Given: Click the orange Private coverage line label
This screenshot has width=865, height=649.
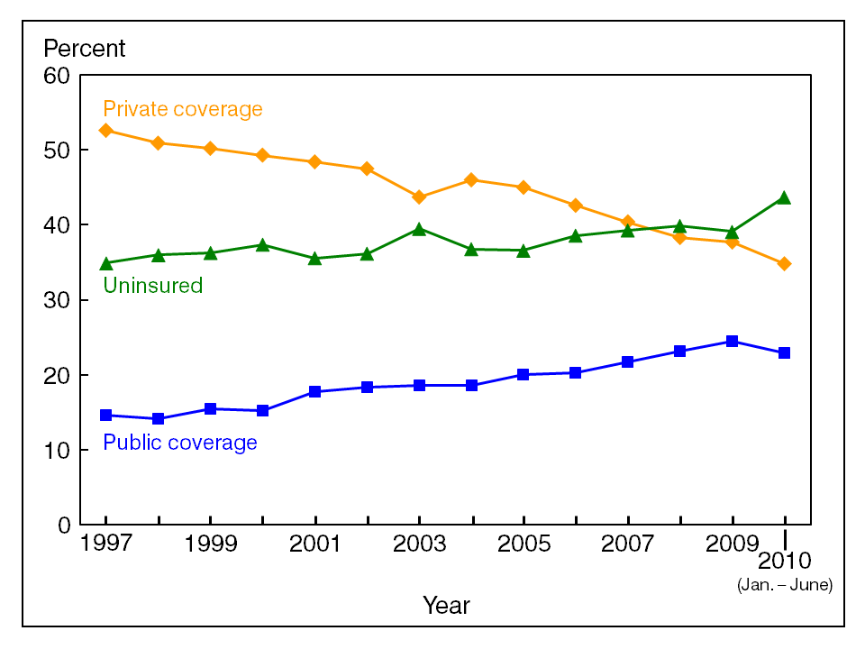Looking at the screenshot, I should (x=183, y=109).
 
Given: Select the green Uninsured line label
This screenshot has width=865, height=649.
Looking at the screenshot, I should (x=153, y=286).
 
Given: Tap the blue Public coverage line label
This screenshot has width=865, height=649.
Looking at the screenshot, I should (x=180, y=443).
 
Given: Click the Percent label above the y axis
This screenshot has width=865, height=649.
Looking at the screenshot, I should (x=85, y=48).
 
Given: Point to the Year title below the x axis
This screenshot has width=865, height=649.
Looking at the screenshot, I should (x=446, y=606).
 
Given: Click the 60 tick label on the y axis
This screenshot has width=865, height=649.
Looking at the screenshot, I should (x=57, y=76).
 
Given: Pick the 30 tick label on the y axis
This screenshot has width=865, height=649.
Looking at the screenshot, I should (x=57, y=300).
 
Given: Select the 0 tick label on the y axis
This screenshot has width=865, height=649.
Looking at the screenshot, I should (x=63, y=525).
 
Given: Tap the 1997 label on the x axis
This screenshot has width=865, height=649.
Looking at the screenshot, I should (x=106, y=545).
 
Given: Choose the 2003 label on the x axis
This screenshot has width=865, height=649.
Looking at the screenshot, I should (x=420, y=545).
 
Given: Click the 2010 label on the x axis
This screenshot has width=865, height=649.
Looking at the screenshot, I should (x=785, y=563).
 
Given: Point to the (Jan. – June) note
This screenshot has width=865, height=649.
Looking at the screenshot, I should (x=785, y=585).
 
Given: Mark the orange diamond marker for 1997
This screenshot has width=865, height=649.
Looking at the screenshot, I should (x=106, y=131).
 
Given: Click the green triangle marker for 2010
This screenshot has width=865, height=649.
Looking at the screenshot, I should (x=785, y=197).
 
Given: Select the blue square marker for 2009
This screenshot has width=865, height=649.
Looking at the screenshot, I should (x=733, y=342).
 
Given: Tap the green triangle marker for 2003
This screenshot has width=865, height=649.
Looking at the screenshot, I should (x=420, y=229).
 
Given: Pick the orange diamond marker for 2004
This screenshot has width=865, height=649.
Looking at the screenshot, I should (x=471, y=180).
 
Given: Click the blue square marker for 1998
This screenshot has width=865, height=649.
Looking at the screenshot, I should (x=159, y=418).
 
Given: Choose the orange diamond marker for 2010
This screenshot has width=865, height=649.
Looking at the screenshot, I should (x=785, y=263).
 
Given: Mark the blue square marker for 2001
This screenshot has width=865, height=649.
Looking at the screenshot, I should (x=315, y=391).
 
